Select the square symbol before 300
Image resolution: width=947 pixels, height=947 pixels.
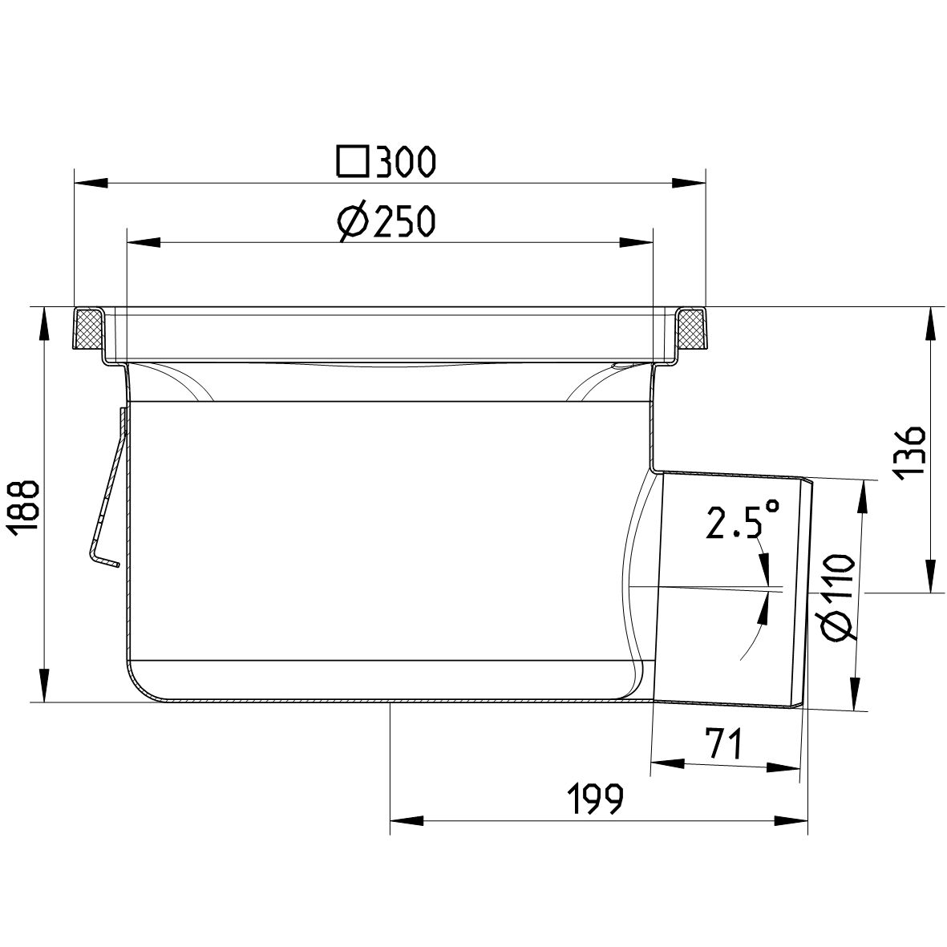(352, 162)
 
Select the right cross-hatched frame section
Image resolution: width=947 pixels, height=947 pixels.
(691, 330)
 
